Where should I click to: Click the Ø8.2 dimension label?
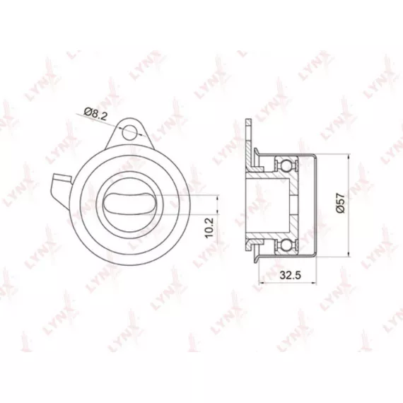(x=95, y=114)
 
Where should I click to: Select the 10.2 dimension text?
(x=210, y=228)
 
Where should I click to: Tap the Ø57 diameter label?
(x=340, y=203)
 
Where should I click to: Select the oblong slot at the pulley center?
(x=129, y=204)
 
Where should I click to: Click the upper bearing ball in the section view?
(x=286, y=165)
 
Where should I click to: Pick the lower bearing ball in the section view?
(x=286, y=245)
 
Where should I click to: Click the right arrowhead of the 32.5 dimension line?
(x=313, y=284)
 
